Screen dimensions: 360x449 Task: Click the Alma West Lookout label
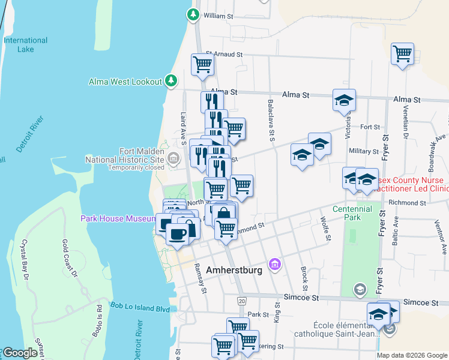pyautogui.click(x=125, y=82)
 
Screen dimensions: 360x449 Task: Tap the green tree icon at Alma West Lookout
pyautogui.click(x=171, y=80)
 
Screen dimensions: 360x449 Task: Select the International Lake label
pyautogui.click(x=25, y=44)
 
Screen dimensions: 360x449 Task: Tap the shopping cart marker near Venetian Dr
pyautogui.click(x=402, y=55)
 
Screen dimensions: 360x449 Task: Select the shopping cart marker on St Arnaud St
pyautogui.click(x=203, y=64)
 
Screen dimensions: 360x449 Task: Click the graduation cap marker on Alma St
pyautogui.click(x=344, y=100)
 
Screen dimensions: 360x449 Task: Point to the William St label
pyautogui.click(x=218, y=16)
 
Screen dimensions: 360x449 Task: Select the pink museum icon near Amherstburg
pyautogui.click(x=275, y=264)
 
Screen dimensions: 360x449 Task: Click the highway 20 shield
pyautogui.click(x=241, y=299)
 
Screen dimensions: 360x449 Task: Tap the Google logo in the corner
pyautogui.click(x=20, y=353)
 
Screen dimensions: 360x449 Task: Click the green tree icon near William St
pyautogui.click(x=193, y=14)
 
